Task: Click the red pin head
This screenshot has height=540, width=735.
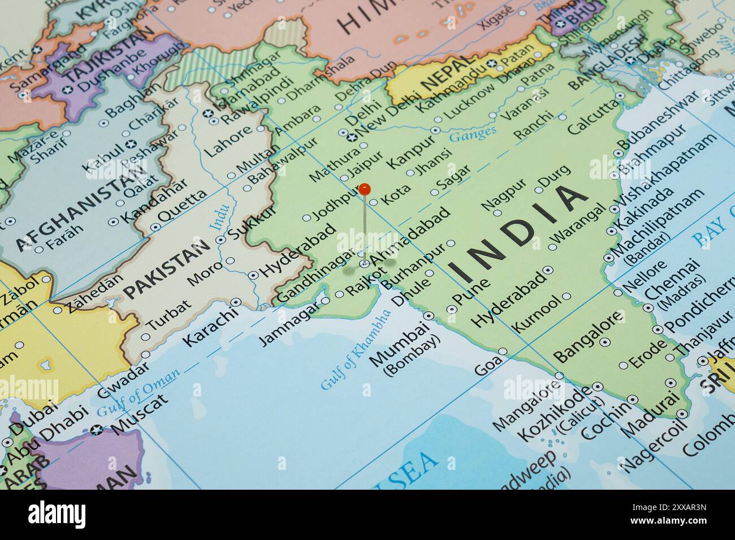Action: click(365, 189)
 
